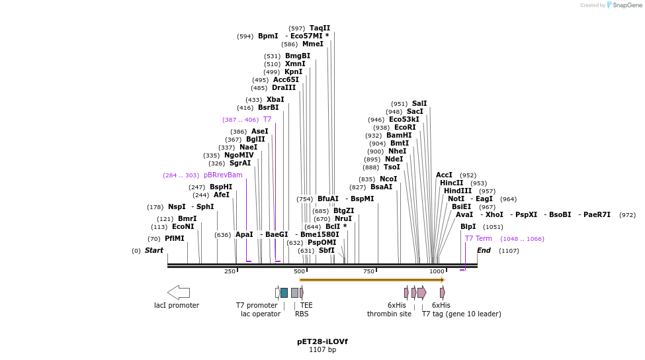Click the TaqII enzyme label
tap(320, 28)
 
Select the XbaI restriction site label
tap(275, 99)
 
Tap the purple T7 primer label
tap(267, 119)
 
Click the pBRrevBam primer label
tap(223, 175)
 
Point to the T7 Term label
tap(478, 238)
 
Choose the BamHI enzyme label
tap(399, 135)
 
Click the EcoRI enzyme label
tap(405, 127)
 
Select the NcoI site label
tap(388, 179)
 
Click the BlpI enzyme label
tap(468, 226)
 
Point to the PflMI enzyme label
tap(175, 238)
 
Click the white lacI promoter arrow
tap(179, 292)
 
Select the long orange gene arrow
tap(372, 280)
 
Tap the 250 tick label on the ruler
tap(230, 271)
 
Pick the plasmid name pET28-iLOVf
tap(322, 341)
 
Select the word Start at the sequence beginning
tap(154, 250)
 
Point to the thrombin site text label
tap(389, 314)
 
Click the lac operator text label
tap(261, 314)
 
